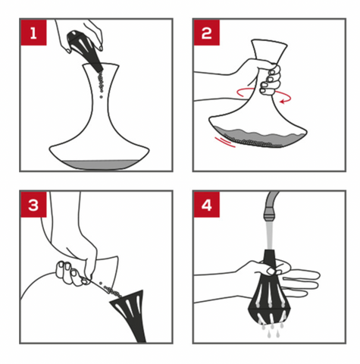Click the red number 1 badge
[33, 33]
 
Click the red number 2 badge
[207, 33]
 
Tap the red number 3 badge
[33, 204]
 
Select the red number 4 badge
[207, 204]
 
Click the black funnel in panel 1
[85, 49]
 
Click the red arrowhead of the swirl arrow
[283, 102]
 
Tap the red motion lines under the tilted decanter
[224, 142]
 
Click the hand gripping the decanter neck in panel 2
[263, 76]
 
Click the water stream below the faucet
[270, 234]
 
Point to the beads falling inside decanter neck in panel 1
[102, 84]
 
